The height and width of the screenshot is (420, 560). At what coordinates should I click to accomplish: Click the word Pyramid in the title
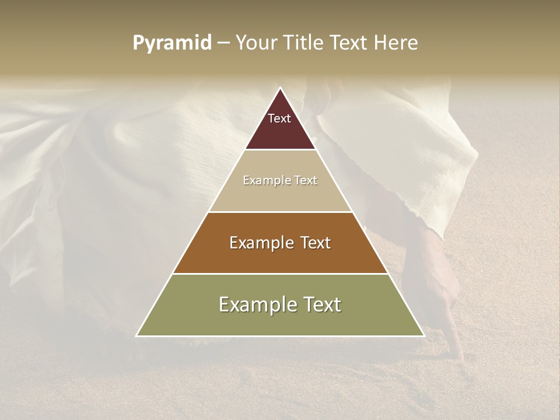171,43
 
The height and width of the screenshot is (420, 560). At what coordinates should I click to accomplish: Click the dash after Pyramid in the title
223,43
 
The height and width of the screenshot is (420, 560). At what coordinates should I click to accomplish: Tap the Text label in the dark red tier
279,118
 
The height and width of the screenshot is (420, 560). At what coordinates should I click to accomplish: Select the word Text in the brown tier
314,243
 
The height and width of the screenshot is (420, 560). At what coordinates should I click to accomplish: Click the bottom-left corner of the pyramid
137,335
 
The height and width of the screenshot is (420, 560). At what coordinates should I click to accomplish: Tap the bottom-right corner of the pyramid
423,335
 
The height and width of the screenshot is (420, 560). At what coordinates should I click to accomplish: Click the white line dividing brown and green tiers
280,274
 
